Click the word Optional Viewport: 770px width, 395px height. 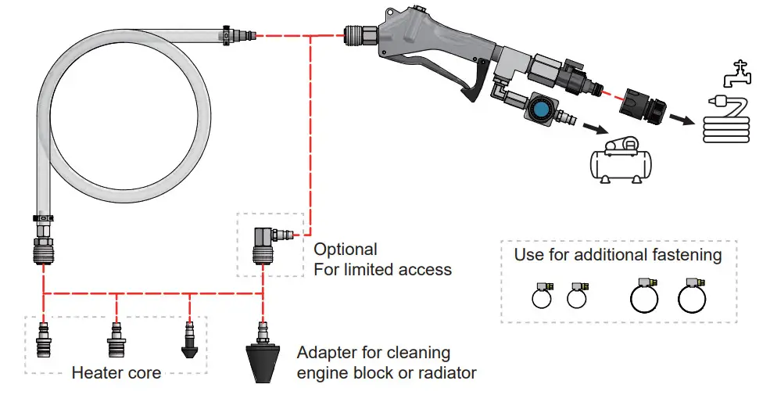pyautogui.click(x=345, y=250)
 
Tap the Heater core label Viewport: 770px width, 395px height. pyautogui.click(x=116, y=372)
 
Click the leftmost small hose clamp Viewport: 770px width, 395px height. pyautogui.click(x=540, y=295)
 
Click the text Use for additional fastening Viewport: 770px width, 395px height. pyautogui.click(x=618, y=255)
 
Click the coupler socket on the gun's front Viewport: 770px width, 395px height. pyautogui.click(x=361, y=34)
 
